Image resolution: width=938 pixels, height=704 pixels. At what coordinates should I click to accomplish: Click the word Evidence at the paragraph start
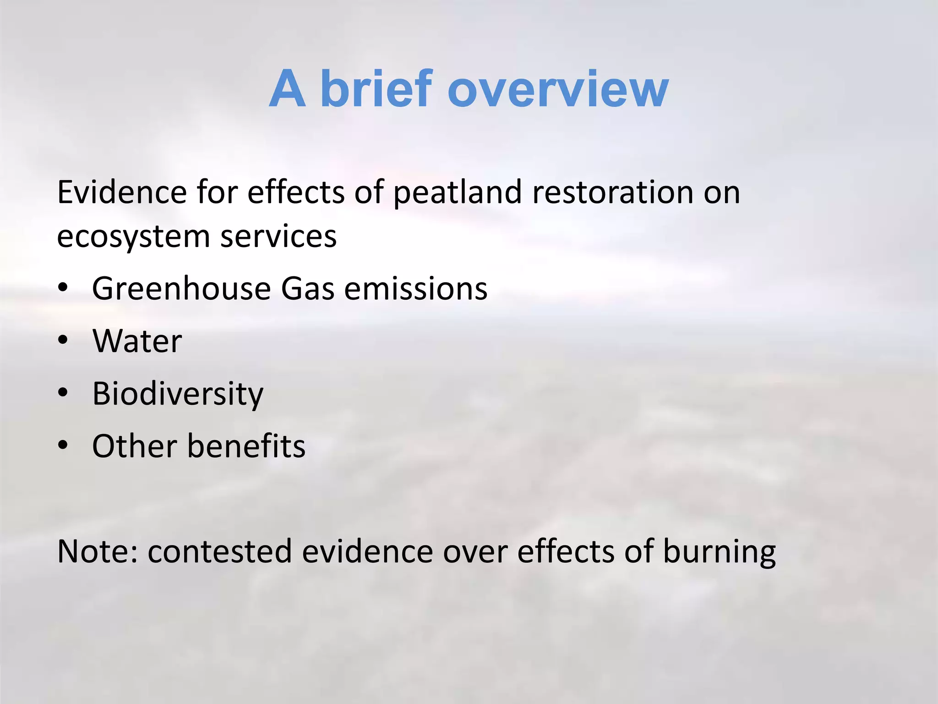[x=122, y=192]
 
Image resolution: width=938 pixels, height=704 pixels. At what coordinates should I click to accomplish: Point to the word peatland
[x=457, y=193]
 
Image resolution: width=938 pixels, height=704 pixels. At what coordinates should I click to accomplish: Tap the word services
[x=278, y=236]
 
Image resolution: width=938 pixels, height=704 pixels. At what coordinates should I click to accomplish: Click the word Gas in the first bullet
[x=307, y=289]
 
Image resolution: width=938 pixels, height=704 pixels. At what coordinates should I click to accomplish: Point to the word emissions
[x=415, y=289]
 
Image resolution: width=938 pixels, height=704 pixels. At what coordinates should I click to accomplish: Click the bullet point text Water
[x=137, y=341]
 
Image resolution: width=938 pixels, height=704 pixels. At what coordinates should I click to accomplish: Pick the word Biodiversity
[x=178, y=394]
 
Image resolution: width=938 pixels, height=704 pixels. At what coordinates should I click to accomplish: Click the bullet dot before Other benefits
[x=63, y=445]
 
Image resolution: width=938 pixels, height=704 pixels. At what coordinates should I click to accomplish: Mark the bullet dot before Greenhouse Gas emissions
[x=63, y=287]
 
